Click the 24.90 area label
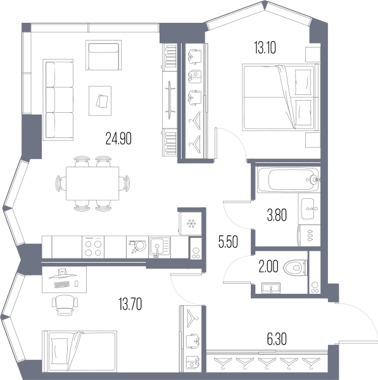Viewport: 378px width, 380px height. pyautogui.click(x=118, y=139)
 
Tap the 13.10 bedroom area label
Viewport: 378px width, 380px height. pyautogui.click(x=265, y=47)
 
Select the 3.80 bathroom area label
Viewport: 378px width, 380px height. pyautogui.click(x=277, y=215)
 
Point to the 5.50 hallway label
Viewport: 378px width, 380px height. pyautogui.click(x=228, y=242)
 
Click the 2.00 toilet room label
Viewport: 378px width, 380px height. pyautogui.click(x=268, y=267)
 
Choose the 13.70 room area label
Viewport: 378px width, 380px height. pyautogui.click(x=130, y=304)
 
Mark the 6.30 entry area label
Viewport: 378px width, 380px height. pyautogui.click(x=277, y=339)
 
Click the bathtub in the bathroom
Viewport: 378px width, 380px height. pyautogui.click(x=289, y=180)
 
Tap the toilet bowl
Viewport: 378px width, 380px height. pyautogui.click(x=296, y=267)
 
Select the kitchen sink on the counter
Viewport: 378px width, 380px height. pyautogui.click(x=160, y=247)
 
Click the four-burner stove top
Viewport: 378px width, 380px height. pyautogui.click(x=93, y=247)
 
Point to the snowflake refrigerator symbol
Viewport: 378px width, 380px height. pyautogui.click(x=191, y=224)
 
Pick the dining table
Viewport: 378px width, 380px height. pyautogui.click(x=92, y=184)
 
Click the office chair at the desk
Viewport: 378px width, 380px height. pyautogui.click(x=65, y=305)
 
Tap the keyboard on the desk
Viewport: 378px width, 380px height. pyautogui.click(x=62, y=284)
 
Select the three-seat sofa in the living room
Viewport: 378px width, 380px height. pyautogui.click(x=58, y=100)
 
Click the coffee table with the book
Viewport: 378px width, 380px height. pyautogui.click(x=100, y=101)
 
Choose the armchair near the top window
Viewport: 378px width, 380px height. pyautogui.click(x=103, y=55)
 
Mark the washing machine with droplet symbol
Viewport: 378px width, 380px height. pyautogui.click(x=310, y=236)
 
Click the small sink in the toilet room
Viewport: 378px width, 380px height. pyautogui.click(x=271, y=288)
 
